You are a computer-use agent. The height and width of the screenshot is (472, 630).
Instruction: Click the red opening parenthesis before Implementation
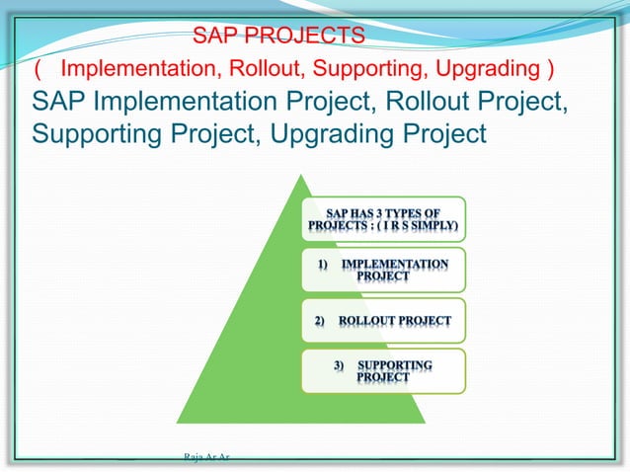click(x=38, y=69)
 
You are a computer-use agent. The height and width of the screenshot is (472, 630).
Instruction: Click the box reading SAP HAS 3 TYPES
click(x=383, y=218)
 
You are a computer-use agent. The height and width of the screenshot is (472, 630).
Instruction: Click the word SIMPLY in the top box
click(x=433, y=225)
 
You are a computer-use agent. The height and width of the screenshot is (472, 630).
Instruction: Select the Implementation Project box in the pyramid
click(x=383, y=270)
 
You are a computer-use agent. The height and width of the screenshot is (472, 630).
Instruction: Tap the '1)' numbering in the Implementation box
click(x=323, y=265)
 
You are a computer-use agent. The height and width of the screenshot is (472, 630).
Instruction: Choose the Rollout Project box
click(x=383, y=321)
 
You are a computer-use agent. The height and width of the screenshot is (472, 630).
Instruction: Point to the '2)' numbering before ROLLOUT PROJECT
click(x=320, y=321)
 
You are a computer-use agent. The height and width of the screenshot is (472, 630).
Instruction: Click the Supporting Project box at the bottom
click(x=383, y=371)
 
